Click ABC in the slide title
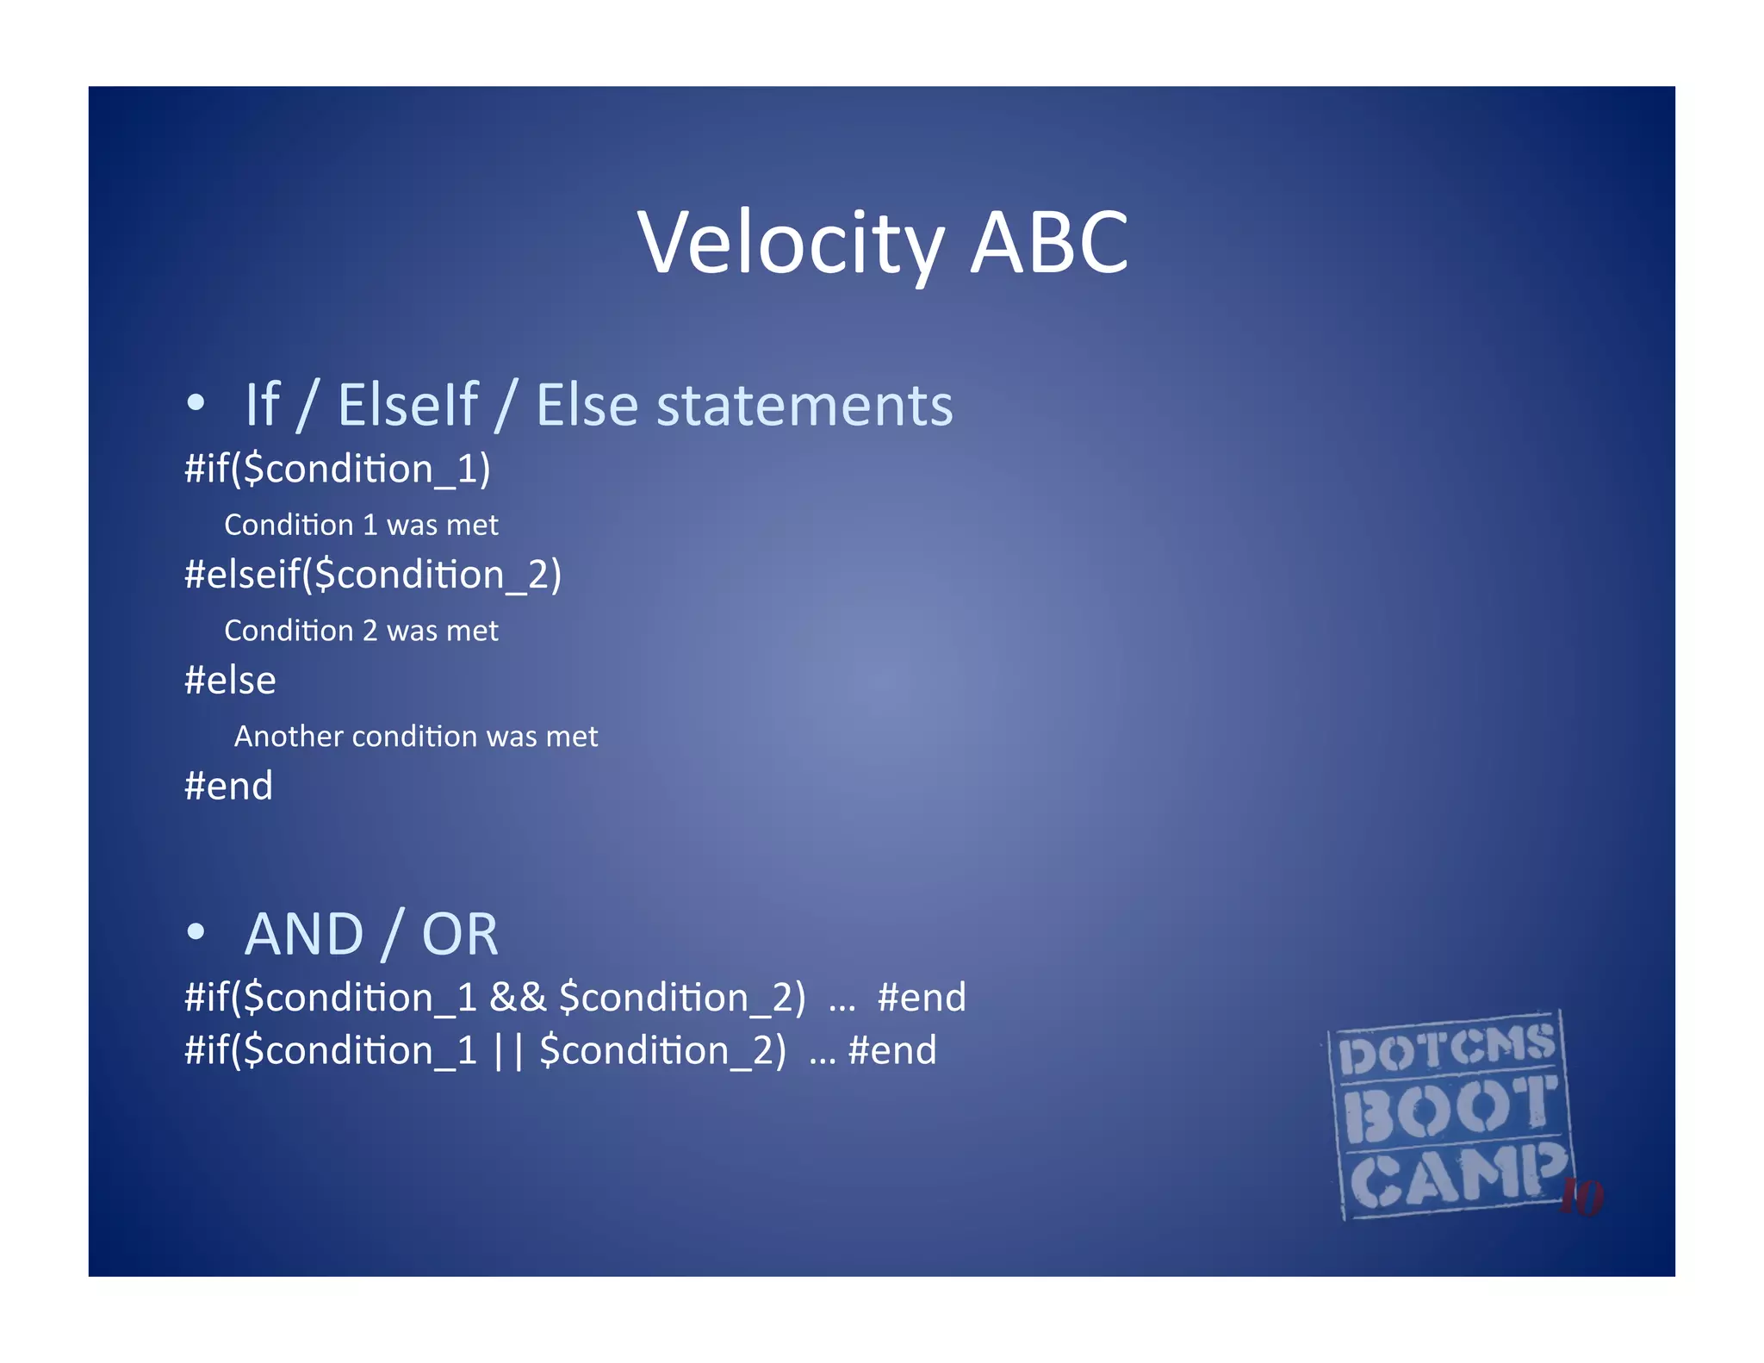(1048, 244)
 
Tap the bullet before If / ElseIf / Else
(196, 402)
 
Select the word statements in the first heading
(804, 405)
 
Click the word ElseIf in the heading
(407, 405)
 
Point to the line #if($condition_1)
(337, 470)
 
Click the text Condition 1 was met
(361, 525)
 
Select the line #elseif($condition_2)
(372, 575)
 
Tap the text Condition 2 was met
(361, 631)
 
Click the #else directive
(230, 681)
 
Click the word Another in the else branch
(289, 737)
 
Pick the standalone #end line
(228, 786)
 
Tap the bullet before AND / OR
(196, 931)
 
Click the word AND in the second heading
(304, 935)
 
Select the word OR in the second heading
(459, 935)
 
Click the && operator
(518, 998)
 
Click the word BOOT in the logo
(1450, 1110)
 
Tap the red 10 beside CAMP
(1582, 1197)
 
